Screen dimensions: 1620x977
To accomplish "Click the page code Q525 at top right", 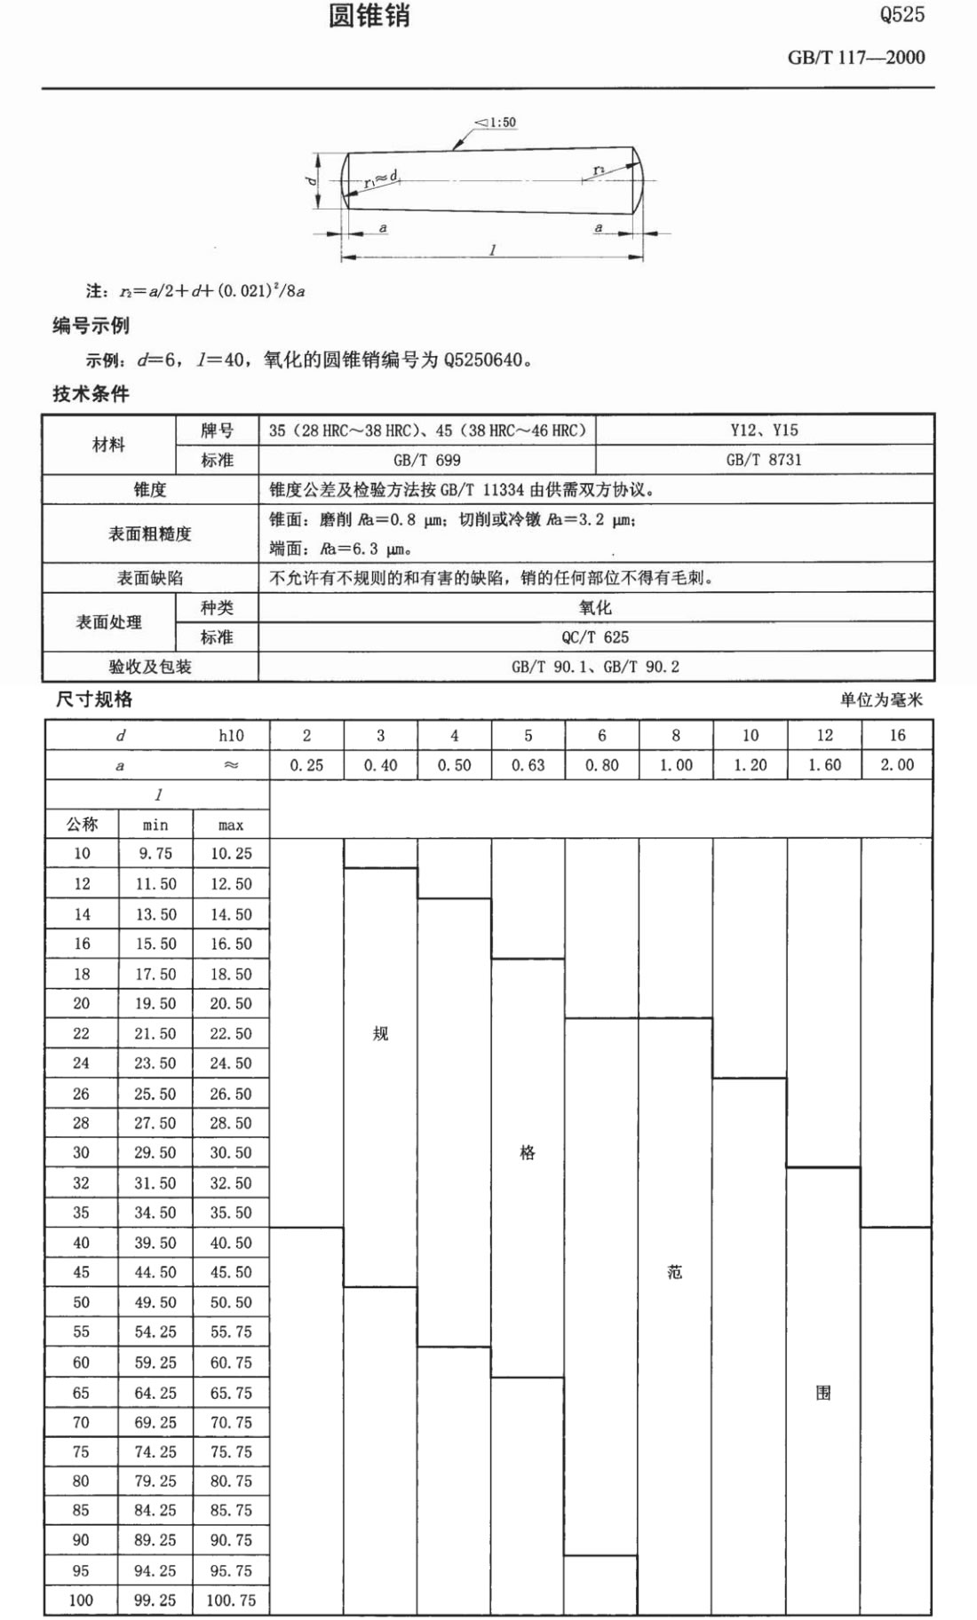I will click(902, 14).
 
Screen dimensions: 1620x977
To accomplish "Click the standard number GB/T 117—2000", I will click(855, 58).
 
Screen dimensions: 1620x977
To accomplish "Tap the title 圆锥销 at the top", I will click(369, 16).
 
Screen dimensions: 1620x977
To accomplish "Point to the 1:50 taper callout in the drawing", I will click(496, 122).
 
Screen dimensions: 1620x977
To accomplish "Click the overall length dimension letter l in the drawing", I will click(493, 249).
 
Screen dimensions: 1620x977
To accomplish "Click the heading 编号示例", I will click(91, 326).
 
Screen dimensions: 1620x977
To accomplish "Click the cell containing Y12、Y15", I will click(764, 431).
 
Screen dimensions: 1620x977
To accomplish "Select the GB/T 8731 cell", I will click(764, 460).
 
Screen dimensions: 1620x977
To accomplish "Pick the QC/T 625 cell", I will click(595, 637).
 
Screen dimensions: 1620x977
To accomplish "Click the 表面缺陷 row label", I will click(150, 578).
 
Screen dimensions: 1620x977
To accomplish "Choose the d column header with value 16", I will click(897, 735).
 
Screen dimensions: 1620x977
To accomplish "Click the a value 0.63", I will click(528, 765).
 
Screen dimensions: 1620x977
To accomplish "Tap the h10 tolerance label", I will click(231, 735).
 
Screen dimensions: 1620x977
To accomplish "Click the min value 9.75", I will click(155, 854).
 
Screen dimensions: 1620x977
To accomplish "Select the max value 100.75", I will click(231, 1600).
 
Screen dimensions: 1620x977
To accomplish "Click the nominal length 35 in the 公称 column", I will click(82, 1213).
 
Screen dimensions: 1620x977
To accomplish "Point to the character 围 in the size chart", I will click(823, 1393).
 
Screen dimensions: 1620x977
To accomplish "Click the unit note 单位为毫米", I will click(881, 699).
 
